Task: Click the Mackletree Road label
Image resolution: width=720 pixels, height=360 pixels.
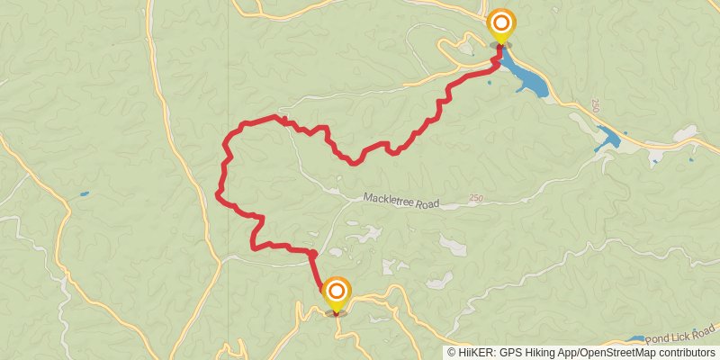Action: [x=401, y=201]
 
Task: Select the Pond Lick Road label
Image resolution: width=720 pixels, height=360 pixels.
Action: [x=682, y=334]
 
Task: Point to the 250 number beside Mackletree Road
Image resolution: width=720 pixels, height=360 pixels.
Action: [x=476, y=198]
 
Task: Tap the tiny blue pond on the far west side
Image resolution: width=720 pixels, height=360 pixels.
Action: [x=84, y=193]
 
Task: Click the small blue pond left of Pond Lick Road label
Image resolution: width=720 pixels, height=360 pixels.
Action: [x=635, y=340]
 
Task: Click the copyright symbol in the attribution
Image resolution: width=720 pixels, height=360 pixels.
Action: [x=452, y=353]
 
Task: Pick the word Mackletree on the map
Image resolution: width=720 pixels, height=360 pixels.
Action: [x=390, y=200]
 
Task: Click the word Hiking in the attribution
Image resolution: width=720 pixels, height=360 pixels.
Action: [x=538, y=353]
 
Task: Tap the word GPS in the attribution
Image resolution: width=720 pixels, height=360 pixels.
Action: [x=508, y=353]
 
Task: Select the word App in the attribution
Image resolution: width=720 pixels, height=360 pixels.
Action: [x=564, y=353]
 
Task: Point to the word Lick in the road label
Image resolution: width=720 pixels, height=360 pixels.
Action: [x=682, y=334]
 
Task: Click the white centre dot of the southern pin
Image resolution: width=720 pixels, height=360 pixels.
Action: [x=336, y=290]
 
